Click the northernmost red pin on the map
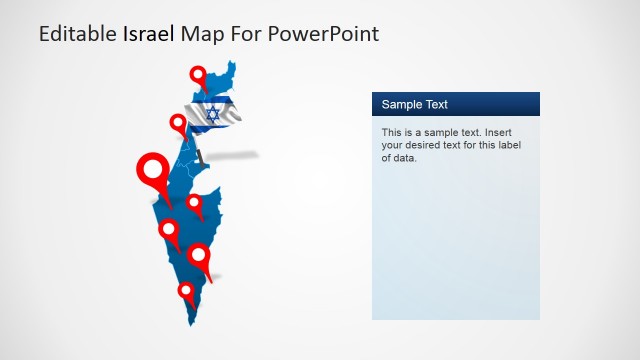tap(198, 75)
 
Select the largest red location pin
tap(153, 171)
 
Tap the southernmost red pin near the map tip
tap(185, 291)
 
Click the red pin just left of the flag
tap(179, 125)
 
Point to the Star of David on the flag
tap(212, 114)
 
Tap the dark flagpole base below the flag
tap(202, 156)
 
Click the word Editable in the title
tap(77, 35)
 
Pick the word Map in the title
tap(198, 35)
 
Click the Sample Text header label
tap(415, 105)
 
